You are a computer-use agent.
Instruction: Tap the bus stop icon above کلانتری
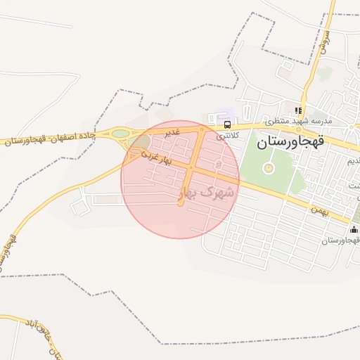(226, 124)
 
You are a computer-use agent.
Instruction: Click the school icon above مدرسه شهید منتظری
(299, 110)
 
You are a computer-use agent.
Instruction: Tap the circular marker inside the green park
(267, 168)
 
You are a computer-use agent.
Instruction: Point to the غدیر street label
(172, 131)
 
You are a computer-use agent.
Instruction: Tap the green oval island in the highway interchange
(121, 132)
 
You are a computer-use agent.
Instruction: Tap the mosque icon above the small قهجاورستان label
(354, 229)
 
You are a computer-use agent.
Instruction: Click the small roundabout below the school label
(349, 127)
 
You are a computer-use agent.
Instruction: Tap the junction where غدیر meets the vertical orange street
(202, 130)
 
